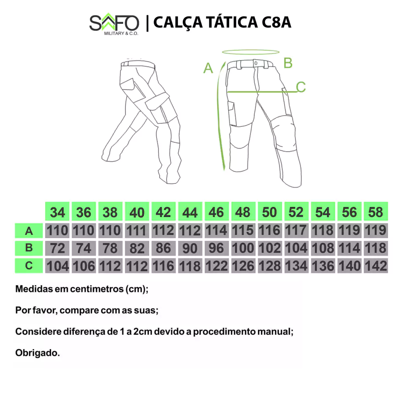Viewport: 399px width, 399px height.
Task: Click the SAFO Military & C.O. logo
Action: (114, 24)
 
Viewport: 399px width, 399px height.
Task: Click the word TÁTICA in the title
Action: (232, 22)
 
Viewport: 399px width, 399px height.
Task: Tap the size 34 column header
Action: (57, 212)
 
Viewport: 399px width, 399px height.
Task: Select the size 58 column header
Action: (376, 212)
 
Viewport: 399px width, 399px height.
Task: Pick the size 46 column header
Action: (217, 212)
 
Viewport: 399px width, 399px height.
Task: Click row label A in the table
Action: (29, 231)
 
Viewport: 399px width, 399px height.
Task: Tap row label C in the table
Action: (29, 266)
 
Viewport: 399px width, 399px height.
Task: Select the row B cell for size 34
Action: (57, 248)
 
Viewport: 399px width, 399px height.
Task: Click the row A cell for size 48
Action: (243, 231)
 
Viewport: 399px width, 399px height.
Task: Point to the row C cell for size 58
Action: (376, 266)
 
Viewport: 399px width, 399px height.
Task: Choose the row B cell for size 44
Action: (190, 248)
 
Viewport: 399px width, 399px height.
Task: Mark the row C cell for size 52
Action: (297, 266)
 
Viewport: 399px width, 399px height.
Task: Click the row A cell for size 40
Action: (137, 231)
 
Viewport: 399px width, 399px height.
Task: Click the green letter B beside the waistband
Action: (288, 63)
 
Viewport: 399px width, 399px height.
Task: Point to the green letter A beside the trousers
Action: (208, 68)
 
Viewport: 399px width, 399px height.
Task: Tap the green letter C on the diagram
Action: (301, 87)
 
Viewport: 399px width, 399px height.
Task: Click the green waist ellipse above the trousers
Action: (251, 54)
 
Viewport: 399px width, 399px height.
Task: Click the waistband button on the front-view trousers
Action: (256, 63)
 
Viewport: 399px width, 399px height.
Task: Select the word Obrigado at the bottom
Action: (37, 353)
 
